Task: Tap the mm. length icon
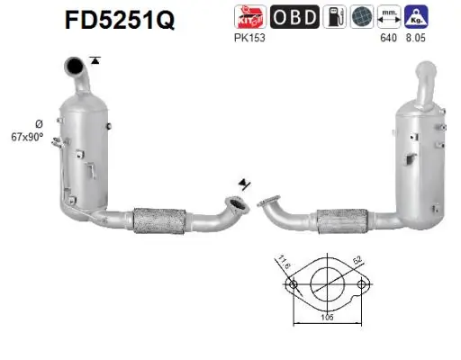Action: [388, 17]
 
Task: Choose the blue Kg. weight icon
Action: [417, 17]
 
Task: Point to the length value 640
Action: [388, 39]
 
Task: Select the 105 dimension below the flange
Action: [329, 317]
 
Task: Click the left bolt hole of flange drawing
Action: [293, 287]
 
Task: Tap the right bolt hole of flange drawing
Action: [363, 287]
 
